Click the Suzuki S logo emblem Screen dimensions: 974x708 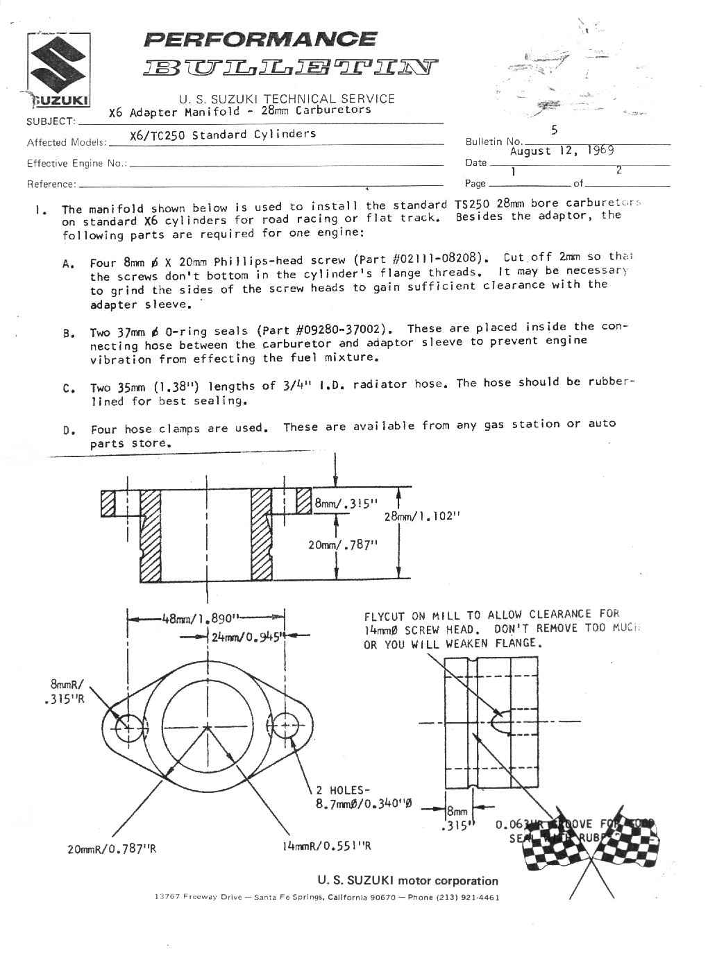(58, 63)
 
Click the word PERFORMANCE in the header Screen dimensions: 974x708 (260, 39)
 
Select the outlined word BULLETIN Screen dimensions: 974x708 (290, 67)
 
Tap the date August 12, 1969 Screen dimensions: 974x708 (562, 151)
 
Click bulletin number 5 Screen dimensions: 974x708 (553, 130)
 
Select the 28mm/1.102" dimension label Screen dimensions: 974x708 (423, 516)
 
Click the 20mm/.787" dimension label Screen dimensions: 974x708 (342, 545)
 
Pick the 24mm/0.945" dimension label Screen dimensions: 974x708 (246, 637)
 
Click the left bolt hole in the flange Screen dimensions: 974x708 (128, 728)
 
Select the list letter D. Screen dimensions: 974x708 (68, 431)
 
